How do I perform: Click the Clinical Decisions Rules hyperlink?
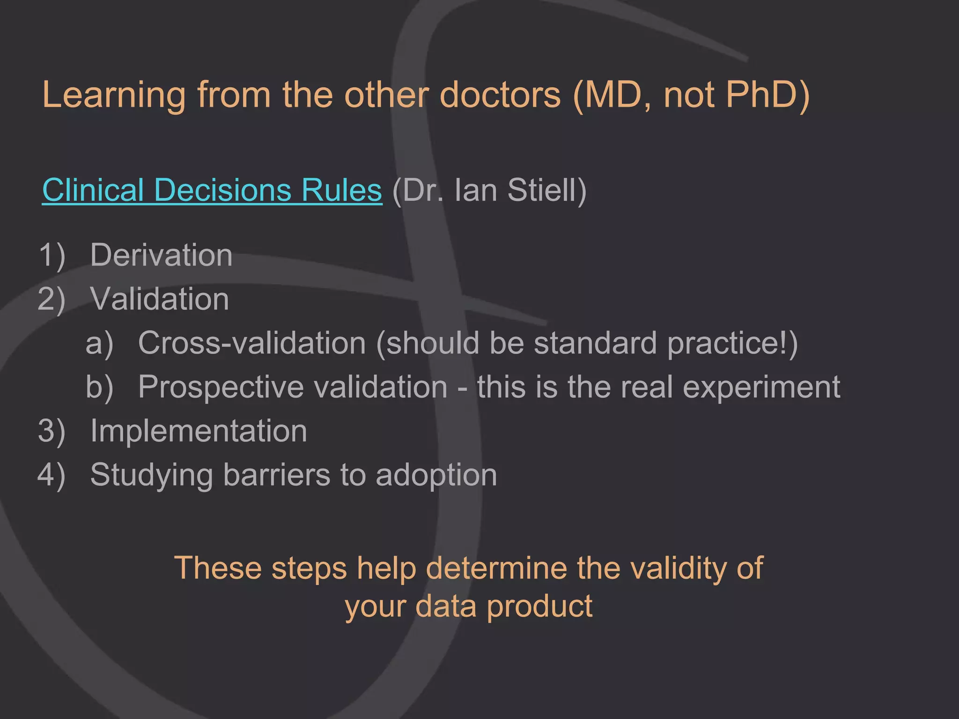212,191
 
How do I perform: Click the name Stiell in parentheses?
546,191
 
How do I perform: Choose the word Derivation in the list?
161,255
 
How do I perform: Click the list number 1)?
52,256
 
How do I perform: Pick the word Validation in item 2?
160,299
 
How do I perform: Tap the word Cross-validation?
252,343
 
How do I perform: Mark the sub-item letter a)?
99,343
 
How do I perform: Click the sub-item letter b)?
99,387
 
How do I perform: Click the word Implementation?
199,431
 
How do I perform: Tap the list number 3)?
52,431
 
